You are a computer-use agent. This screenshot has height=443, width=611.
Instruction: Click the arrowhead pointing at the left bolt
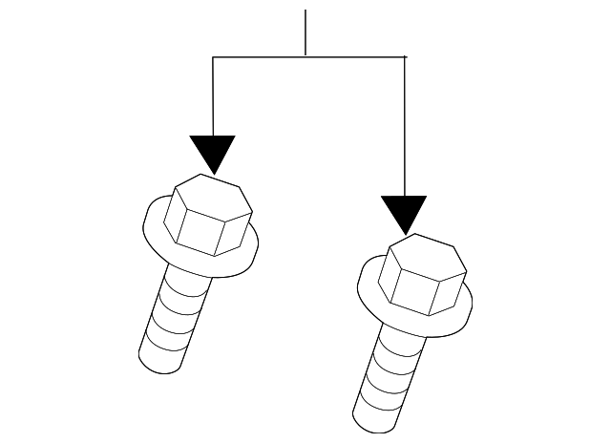pyautogui.click(x=212, y=153)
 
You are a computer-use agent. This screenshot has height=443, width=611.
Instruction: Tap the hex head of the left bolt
pyautogui.click(x=206, y=215)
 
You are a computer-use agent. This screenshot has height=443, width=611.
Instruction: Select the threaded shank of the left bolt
pyautogui.click(x=178, y=320)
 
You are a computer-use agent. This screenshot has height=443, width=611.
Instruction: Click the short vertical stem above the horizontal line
pyautogui.click(x=305, y=33)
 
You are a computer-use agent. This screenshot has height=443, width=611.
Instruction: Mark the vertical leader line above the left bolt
pyautogui.click(x=213, y=95)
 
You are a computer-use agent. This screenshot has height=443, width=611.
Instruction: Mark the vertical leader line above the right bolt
pyautogui.click(x=406, y=124)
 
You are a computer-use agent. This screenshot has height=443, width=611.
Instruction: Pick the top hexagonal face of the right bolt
pyautogui.click(x=426, y=255)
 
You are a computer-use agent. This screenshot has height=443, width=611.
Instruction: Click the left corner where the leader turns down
pyautogui.click(x=213, y=57)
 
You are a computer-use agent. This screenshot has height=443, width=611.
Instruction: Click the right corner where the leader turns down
pyautogui.click(x=406, y=57)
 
